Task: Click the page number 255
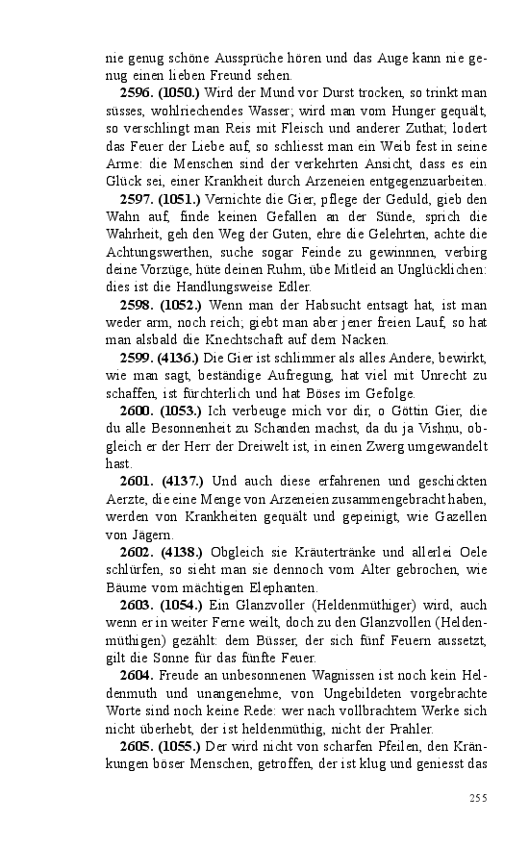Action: pyautogui.click(x=478, y=797)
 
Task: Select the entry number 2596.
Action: pyautogui.click(x=137, y=92)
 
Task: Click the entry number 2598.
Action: pyautogui.click(x=137, y=305)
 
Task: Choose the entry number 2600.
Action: pyautogui.click(x=137, y=411)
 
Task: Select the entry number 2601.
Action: pyautogui.click(x=138, y=482)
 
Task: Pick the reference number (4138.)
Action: pyautogui.click(x=181, y=553)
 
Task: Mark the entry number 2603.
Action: pyautogui.click(x=137, y=606)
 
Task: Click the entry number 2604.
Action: pyautogui.click(x=137, y=676)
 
